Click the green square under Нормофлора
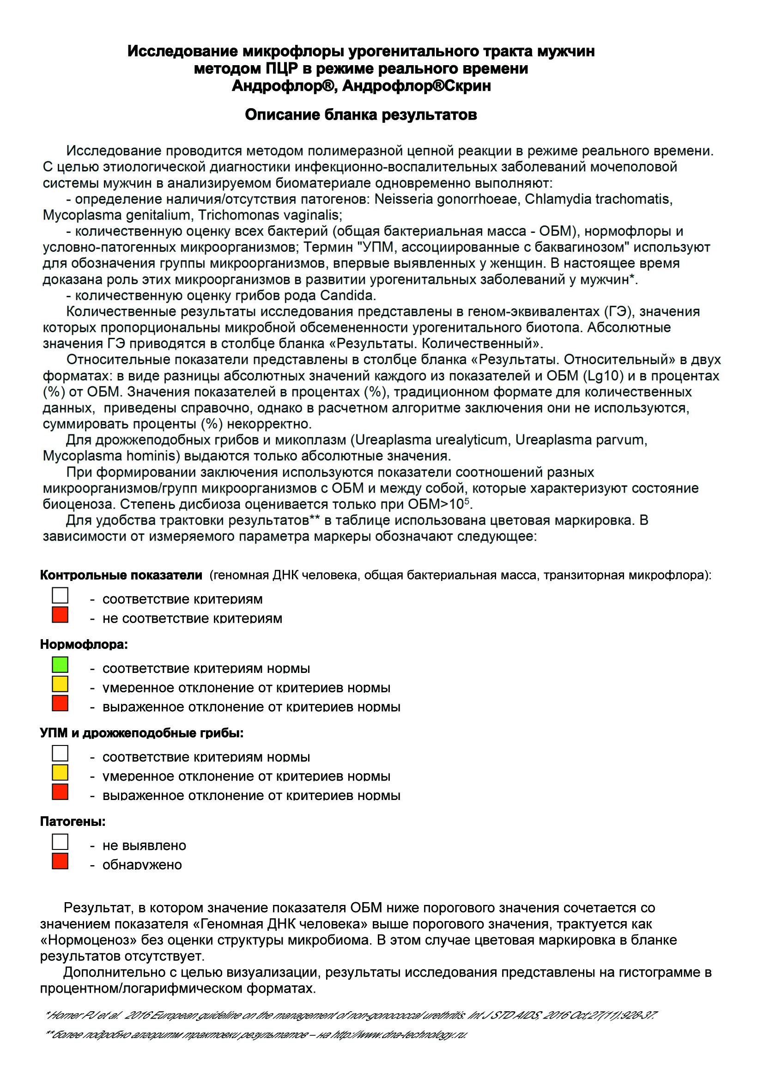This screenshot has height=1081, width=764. click(60, 665)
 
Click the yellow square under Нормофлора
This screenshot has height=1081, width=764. click(60, 684)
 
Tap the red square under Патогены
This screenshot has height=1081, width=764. click(60, 861)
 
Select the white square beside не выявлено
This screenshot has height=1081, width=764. click(60, 842)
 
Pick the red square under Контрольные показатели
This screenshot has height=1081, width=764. click(60, 615)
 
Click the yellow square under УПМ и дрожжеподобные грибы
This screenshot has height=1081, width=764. click(60, 773)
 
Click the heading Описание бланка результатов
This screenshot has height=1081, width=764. click(361, 115)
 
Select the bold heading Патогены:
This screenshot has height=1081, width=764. click(73, 822)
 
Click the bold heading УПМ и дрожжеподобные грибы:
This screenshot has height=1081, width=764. click(142, 733)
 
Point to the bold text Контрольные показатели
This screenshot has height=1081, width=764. click(121, 575)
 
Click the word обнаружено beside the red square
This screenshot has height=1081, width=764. click(142, 865)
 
